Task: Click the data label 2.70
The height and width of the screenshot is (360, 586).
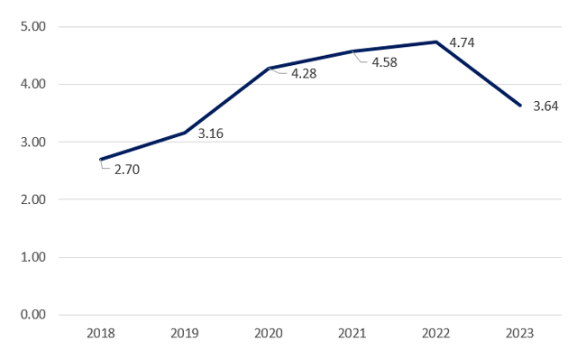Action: pos(126,169)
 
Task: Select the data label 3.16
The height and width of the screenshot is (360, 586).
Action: pos(210,134)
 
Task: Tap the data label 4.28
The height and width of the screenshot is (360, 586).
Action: pos(303,73)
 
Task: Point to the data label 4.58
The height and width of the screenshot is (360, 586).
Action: pos(385,63)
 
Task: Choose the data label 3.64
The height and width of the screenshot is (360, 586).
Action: pos(545,106)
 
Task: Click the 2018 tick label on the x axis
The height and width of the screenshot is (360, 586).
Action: pos(101,334)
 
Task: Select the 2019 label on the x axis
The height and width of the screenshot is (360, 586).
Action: pos(185,334)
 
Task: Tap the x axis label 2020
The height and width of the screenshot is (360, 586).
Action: pos(269,334)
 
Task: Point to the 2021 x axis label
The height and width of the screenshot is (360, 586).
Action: pos(353,334)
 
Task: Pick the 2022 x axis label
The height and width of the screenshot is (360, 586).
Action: pos(436,334)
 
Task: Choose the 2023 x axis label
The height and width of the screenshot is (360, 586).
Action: pos(520,334)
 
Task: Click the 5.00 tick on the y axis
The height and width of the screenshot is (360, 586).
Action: pos(32,26)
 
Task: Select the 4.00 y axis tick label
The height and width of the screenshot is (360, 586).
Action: pos(32,84)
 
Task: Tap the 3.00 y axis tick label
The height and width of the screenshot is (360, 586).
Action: pos(32,142)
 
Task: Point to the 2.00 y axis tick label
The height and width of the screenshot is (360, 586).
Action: pos(32,199)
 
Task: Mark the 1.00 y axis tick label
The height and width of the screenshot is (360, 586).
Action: pos(32,257)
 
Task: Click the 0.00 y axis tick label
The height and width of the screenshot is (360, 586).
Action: pos(32,315)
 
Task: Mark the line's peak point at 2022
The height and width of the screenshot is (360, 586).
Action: pos(436,42)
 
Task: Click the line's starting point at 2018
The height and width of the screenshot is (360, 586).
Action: pos(101,159)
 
